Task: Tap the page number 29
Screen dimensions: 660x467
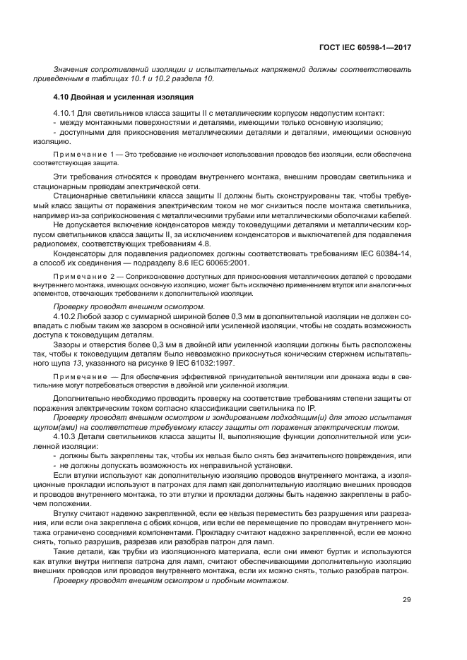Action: click(x=407, y=600)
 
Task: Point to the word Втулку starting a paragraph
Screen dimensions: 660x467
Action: click(x=67, y=512)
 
